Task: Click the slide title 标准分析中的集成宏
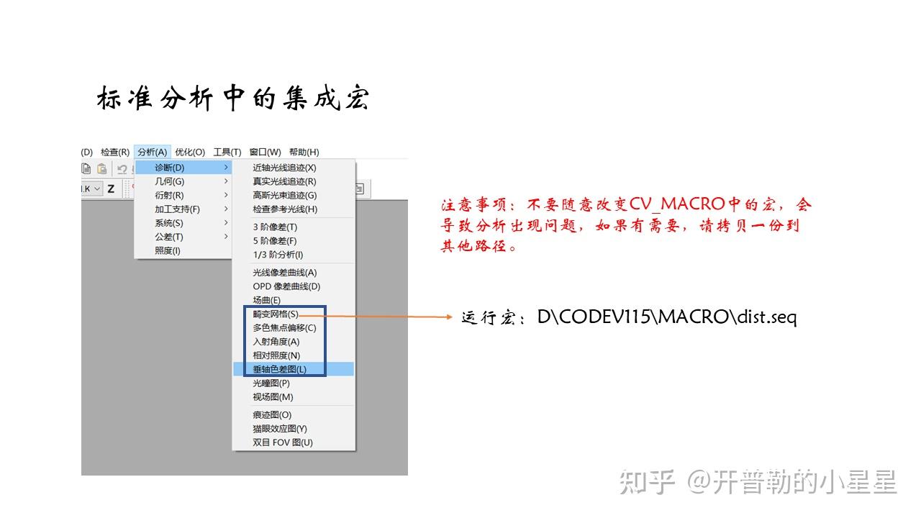[233, 99]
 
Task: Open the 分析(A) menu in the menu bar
[152, 152]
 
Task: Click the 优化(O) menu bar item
[190, 152]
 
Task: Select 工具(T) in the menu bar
[227, 152]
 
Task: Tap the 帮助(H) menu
[304, 152]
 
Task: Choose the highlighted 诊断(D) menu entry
[170, 168]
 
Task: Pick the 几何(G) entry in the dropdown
[170, 181]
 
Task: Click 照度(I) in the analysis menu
[168, 250]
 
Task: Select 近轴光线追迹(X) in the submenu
[284, 168]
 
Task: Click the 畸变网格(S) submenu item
[275, 314]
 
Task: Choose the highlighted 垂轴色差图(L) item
[279, 369]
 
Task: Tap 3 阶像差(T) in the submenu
[275, 227]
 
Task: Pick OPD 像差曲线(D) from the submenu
[286, 286]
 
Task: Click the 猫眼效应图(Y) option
[279, 429]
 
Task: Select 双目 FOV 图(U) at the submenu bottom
[283, 442]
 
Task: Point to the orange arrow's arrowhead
[447, 317]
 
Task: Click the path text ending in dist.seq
[666, 317]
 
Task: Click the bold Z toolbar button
[111, 188]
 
